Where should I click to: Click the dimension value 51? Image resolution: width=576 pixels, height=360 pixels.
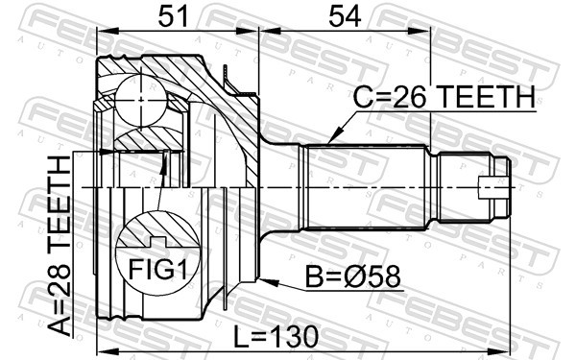point(173,17)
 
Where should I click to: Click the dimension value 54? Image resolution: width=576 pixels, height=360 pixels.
point(345,17)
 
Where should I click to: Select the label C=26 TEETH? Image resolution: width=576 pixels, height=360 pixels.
point(444,97)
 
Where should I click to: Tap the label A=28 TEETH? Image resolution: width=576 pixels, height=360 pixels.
point(60,246)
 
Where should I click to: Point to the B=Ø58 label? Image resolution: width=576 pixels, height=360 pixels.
point(353,277)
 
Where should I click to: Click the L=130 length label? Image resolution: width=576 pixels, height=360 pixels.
point(276,337)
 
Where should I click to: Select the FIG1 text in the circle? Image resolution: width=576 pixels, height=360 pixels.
point(158,269)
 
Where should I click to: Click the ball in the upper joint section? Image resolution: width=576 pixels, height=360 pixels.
point(141,100)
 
